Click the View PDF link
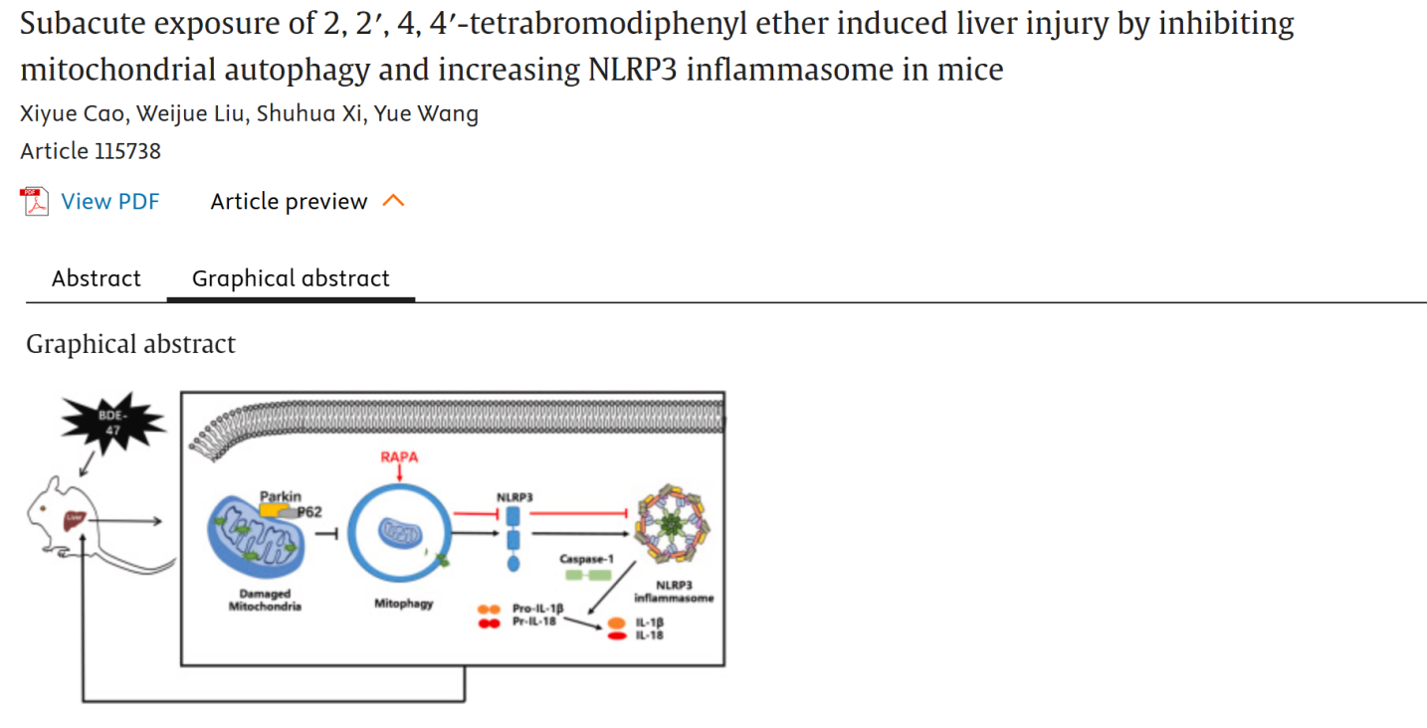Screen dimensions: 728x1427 (109, 202)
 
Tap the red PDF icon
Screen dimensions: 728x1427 (36, 202)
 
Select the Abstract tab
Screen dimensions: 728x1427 (96, 278)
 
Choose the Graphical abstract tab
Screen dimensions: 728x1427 (291, 278)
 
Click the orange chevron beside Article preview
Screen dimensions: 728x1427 (394, 202)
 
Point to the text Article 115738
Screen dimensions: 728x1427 (91, 151)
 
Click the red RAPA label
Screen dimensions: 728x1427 (399, 456)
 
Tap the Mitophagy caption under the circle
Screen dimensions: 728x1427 (403, 603)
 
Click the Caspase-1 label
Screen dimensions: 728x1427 (586, 559)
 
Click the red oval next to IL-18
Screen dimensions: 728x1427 (617, 635)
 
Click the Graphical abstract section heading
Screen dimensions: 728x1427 (130, 344)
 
